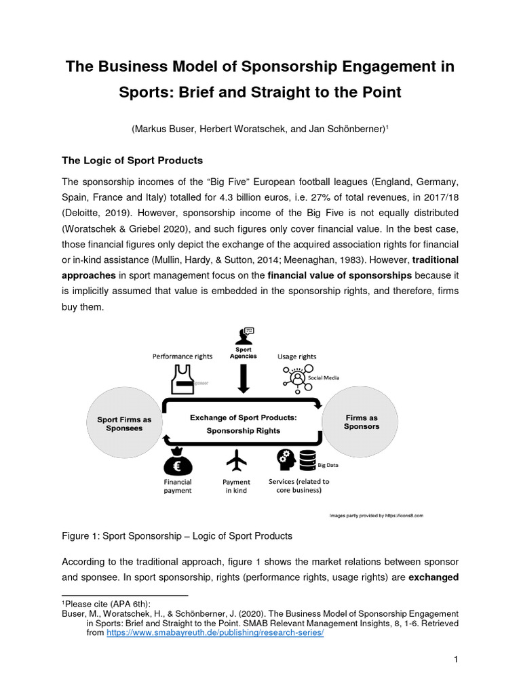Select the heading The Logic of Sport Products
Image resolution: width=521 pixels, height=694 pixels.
coord(132,161)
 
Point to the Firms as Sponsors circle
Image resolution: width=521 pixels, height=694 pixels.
coord(362,422)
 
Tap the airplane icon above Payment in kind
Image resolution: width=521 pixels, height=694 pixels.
coord(236,461)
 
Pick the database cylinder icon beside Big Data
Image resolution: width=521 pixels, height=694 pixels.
coord(308,461)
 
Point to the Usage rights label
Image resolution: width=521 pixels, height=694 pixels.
coord(296,356)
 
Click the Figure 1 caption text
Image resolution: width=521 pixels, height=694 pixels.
coord(177,535)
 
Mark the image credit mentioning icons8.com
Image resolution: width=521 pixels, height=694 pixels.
coord(376,515)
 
